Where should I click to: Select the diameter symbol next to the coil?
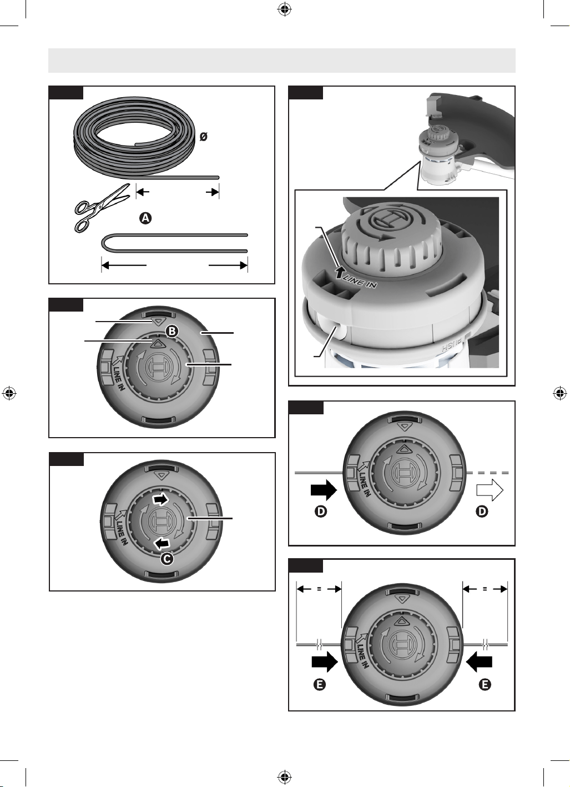203,137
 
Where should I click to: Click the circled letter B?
171,331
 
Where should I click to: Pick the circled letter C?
167,559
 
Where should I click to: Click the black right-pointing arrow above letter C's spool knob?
160,500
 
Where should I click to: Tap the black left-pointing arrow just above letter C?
162,544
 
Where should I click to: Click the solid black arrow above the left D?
324,490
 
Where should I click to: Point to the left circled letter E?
320,684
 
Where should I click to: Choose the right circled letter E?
485,684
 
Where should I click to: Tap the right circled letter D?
482,511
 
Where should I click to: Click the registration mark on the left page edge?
9,393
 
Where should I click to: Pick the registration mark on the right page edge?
560,393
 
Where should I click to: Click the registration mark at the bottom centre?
285,777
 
